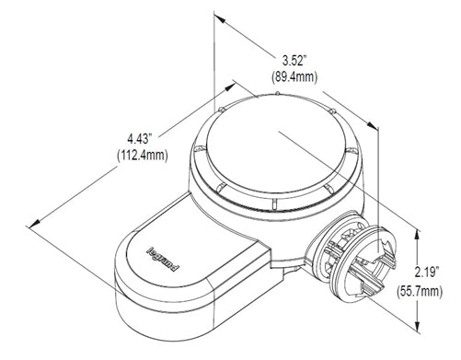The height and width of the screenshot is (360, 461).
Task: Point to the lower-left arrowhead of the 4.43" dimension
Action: click(37, 221)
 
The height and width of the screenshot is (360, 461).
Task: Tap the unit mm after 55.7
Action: click(444, 290)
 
